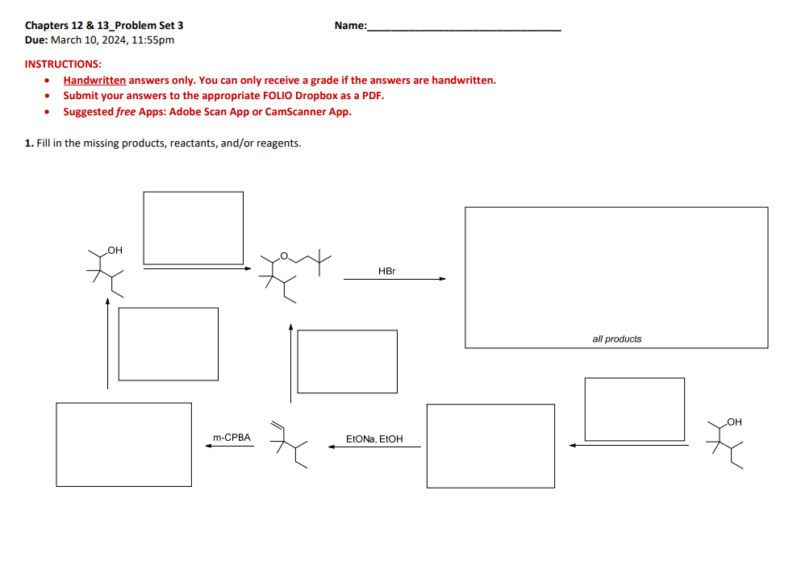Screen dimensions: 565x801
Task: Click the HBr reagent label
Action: [x=386, y=271]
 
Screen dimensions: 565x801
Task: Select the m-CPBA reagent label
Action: [x=232, y=438]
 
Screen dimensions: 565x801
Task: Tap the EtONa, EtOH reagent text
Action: [x=373, y=439]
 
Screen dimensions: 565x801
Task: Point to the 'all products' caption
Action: [x=616, y=339]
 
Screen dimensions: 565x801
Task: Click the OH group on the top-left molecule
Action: [x=115, y=251]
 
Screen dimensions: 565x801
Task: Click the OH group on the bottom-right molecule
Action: [x=733, y=422]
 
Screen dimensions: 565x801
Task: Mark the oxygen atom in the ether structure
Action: [x=284, y=256]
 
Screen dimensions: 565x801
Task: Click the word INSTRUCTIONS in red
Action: [x=63, y=64]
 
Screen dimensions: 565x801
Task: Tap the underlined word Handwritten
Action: [x=94, y=80]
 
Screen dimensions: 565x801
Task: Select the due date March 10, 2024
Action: [x=112, y=39]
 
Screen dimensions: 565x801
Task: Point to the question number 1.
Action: [x=28, y=143]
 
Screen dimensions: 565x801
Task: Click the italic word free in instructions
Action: [x=126, y=111]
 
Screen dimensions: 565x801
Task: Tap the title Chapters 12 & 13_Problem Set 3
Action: [x=104, y=26]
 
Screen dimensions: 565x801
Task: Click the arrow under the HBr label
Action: [x=394, y=280]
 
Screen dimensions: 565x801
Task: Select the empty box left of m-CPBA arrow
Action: [x=123, y=444]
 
